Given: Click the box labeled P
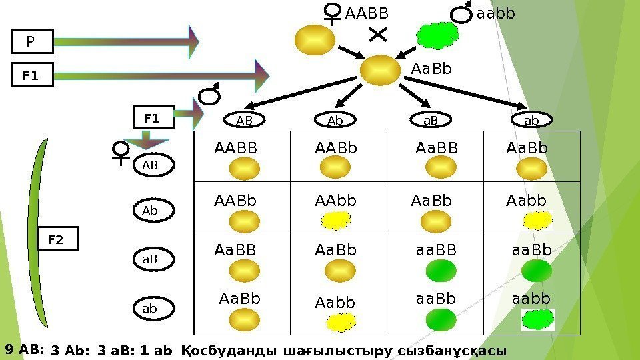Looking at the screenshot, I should pos(29,43).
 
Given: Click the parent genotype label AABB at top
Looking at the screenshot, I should pos(366,13).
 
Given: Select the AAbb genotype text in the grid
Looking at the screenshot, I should pos(336,200).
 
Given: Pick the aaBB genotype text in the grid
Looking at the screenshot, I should pos(437,251).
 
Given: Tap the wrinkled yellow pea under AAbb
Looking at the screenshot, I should pos(336,220).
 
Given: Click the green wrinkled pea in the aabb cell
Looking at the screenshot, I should pos(537,321).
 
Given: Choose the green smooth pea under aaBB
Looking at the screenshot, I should pos(441,271).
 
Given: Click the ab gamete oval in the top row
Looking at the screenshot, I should pos(531,121).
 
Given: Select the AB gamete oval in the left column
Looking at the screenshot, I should pos(154,165).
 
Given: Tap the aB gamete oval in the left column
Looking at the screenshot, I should pos(154,259).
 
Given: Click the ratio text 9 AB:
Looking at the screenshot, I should pos(25,349).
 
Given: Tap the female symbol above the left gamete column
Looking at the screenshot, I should pos(121,153).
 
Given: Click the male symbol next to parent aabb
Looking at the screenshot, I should pos(461,12).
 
